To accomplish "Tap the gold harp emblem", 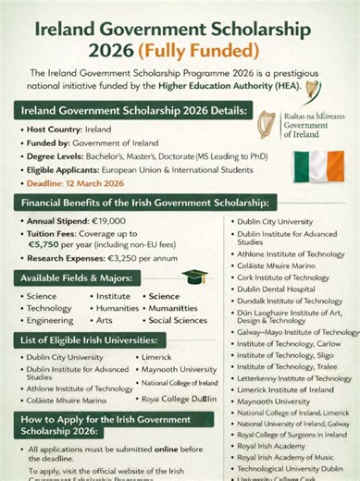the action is click(x=266, y=128).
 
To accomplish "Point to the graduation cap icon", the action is click(x=193, y=277).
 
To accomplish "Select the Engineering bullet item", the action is click(x=49, y=320).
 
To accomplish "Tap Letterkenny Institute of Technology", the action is click(x=293, y=378).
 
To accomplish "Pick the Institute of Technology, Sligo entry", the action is click(x=283, y=355).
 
